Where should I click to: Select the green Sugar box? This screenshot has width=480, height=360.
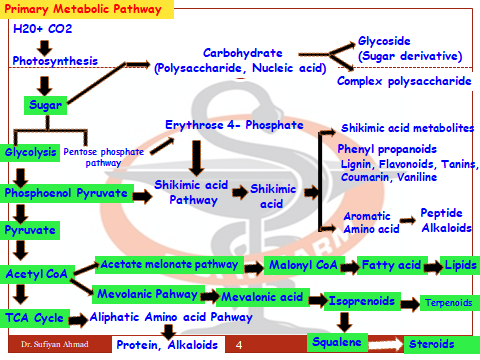coord(43,104)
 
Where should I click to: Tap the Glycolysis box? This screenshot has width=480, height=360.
coord(30,152)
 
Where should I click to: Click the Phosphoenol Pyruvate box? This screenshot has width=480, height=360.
coord(66,192)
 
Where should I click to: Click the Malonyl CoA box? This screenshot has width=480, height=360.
coord(300,266)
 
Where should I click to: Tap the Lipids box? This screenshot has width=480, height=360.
coord(459,267)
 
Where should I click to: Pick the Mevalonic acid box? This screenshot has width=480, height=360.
coord(262,298)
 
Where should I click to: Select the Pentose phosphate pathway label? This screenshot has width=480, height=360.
coord(104,156)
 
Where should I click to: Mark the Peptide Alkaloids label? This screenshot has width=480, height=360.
coord(441,220)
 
